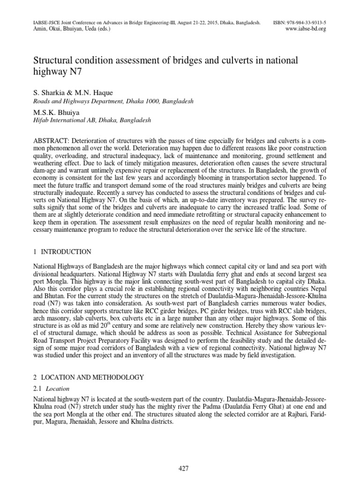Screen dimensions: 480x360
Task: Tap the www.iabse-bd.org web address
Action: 305,29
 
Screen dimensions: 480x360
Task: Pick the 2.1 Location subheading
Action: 52,388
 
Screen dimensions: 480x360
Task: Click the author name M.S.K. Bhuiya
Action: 56,112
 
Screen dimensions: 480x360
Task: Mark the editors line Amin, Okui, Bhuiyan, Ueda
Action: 71,29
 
